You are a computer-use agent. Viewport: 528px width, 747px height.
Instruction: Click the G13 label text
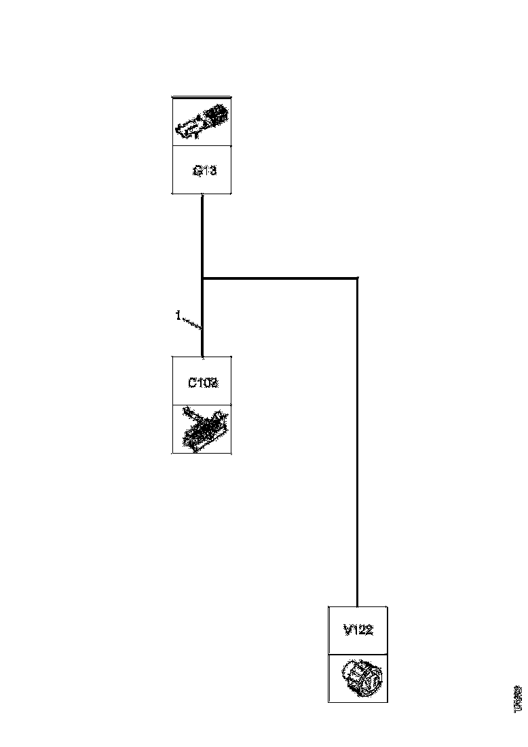tap(204, 171)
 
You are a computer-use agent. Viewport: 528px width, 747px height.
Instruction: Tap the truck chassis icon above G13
tap(202, 121)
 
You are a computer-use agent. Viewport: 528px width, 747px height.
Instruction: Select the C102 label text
tap(203, 382)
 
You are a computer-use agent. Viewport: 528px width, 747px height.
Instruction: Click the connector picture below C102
tap(202, 429)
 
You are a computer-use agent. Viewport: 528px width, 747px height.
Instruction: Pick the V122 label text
tap(358, 631)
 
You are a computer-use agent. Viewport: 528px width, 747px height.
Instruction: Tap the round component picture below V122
tap(358, 678)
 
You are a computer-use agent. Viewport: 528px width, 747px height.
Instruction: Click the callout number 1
tap(178, 316)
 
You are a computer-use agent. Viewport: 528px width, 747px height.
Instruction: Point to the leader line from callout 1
tap(191, 323)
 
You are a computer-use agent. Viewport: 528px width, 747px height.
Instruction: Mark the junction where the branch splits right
tap(203, 278)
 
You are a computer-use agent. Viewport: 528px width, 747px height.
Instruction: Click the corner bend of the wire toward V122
tap(357, 278)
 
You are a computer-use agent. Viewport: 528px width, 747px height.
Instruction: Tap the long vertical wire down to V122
tap(357, 441)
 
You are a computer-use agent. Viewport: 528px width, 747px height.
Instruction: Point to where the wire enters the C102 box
tap(203, 355)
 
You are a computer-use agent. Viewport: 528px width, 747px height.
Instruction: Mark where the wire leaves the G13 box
tap(203, 196)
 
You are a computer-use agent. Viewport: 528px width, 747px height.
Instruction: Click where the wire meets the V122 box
tap(357, 606)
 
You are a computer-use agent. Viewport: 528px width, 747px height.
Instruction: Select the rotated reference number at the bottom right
tap(518, 697)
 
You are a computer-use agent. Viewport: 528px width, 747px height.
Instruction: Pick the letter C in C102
tap(193, 382)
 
